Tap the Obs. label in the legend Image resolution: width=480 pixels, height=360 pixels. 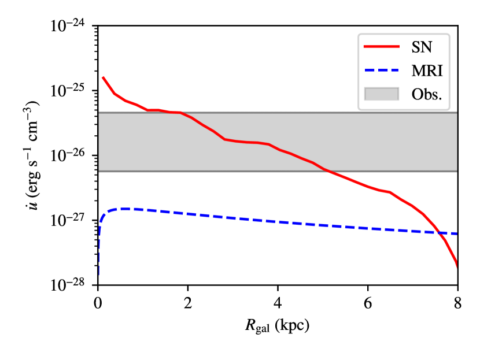coord(427,94)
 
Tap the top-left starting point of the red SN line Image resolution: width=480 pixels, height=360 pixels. coord(103,77)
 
